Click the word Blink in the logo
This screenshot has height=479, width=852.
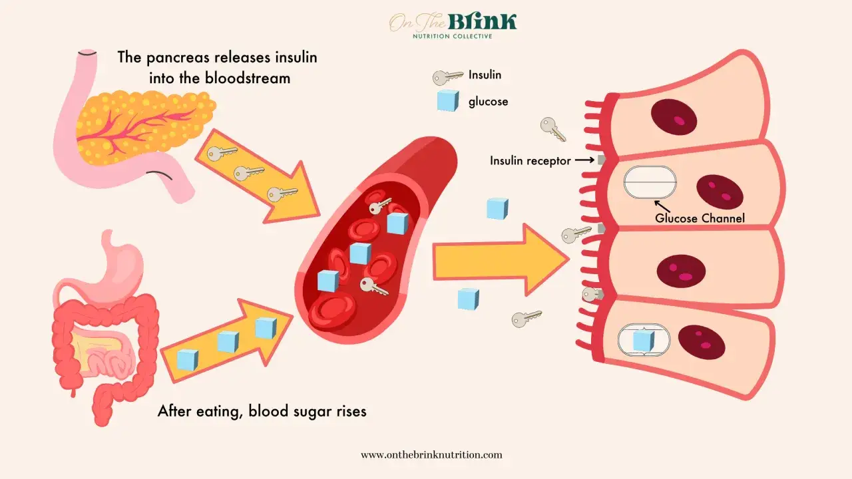pyautogui.click(x=483, y=22)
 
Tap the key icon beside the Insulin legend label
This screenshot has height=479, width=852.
pyautogui.click(x=448, y=77)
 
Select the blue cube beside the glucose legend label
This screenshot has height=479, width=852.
pyautogui.click(x=448, y=100)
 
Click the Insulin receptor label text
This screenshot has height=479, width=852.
pyautogui.click(x=531, y=161)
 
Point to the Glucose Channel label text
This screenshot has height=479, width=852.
pyautogui.click(x=700, y=218)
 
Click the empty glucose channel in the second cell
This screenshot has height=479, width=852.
pyautogui.click(x=650, y=182)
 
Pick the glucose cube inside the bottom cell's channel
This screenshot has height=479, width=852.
pyautogui.click(x=644, y=341)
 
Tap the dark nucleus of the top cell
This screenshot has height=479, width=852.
pyautogui.click(x=674, y=116)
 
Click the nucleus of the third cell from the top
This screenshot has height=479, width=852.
pyautogui.click(x=681, y=271)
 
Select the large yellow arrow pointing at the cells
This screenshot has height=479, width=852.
pyautogui.click(x=501, y=260)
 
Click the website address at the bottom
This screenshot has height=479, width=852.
pyautogui.click(x=431, y=454)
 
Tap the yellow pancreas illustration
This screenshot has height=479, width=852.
pyautogui.click(x=144, y=126)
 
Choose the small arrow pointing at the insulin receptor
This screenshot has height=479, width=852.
pyautogui.click(x=584, y=160)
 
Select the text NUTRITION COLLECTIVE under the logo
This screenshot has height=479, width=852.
pyautogui.click(x=453, y=37)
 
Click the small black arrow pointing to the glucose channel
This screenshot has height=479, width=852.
pyautogui.click(x=662, y=206)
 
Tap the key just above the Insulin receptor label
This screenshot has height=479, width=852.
pyautogui.click(x=553, y=129)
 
